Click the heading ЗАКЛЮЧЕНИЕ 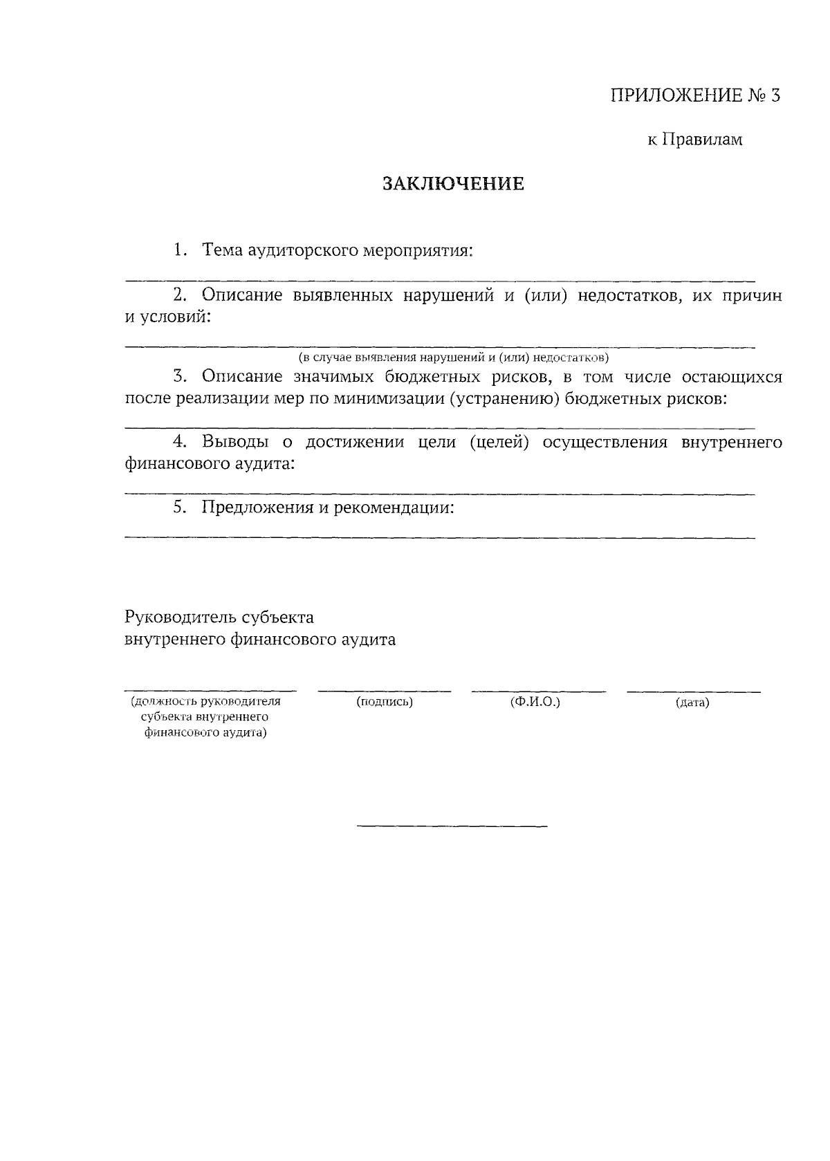coord(453,184)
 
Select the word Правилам coord(703,140)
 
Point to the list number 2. coord(180,296)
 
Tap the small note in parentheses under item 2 coord(453,357)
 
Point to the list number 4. coord(180,443)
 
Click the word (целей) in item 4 coord(499,443)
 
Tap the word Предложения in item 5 coord(257,508)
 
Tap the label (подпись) coord(385,702)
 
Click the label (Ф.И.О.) coord(535,702)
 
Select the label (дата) coord(692,703)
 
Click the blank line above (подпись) coord(385,691)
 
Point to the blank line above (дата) coord(694,691)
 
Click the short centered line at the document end coord(452,826)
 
